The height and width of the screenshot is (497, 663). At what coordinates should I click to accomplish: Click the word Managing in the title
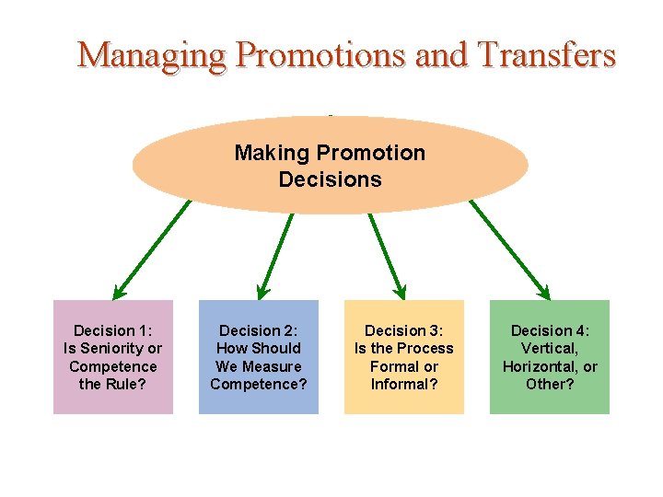[x=151, y=55]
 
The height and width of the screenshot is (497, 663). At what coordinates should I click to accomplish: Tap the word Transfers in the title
[x=547, y=55]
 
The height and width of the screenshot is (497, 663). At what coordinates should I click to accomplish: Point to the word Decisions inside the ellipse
[x=330, y=179]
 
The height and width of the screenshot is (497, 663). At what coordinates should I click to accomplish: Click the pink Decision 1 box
[x=112, y=357]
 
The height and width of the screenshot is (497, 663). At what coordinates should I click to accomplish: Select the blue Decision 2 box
[x=259, y=357]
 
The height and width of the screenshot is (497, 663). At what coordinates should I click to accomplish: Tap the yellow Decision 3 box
[x=404, y=357]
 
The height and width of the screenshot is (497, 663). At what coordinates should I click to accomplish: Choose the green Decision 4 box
[x=550, y=357]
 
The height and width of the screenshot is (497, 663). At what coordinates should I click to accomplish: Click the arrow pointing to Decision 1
[x=152, y=248]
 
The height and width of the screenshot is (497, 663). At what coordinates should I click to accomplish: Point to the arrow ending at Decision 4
[x=509, y=248]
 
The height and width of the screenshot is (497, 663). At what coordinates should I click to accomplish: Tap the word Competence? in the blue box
[x=259, y=384]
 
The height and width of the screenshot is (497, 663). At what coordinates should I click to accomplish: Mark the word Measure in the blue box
[x=271, y=366]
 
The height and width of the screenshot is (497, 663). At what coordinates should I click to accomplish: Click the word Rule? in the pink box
[x=126, y=384]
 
